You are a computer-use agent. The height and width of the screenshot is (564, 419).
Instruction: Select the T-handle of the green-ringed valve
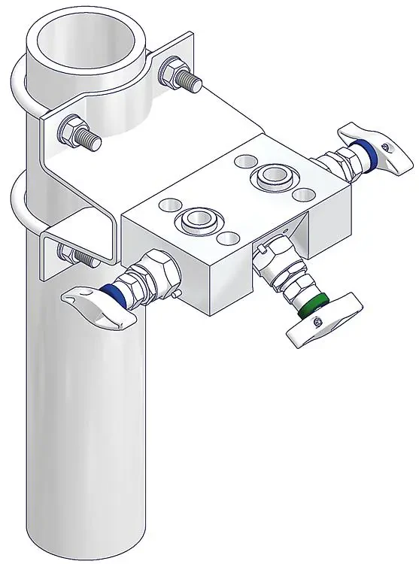click(x=323, y=323)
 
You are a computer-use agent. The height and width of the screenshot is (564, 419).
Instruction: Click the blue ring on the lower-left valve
click(x=113, y=292)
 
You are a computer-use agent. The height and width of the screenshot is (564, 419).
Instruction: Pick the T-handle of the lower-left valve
click(x=98, y=305)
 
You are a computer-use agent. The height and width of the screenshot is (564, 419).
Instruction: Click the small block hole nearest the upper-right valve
click(x=303, y=195)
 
